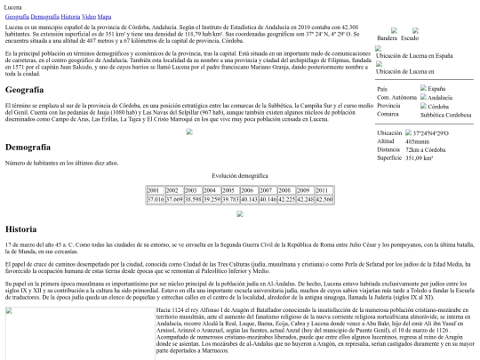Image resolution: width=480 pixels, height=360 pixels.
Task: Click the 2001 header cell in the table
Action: pos(153,190)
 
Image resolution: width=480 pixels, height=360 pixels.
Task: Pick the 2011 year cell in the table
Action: pos(323,190)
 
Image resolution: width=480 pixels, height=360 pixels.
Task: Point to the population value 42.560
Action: pos(323,200)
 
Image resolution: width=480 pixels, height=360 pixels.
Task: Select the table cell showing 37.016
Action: pos(153,200)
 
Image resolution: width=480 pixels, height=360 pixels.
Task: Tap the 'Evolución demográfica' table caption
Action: pos(239,176)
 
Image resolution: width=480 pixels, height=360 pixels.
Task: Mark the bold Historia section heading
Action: pos(20,228)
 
